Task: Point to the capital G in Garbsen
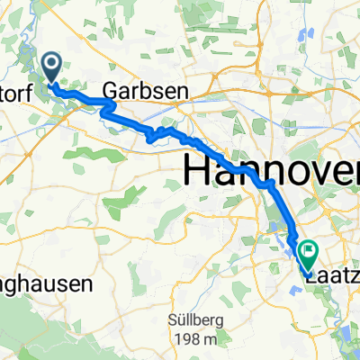coord(109,90)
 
